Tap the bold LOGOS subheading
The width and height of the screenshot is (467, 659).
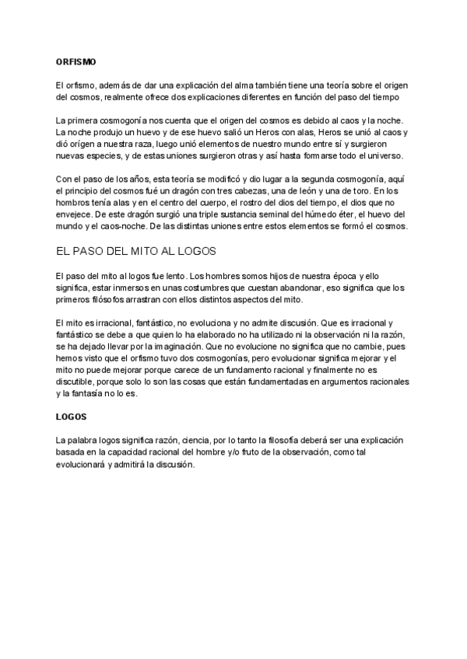pyautogui.click(x=72, y=417)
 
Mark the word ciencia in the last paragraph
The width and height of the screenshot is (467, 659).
pyautogui.click(x=198, y=440)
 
